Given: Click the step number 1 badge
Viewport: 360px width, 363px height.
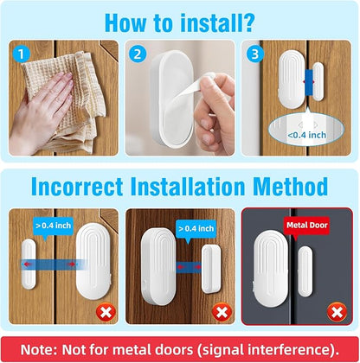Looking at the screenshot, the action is click(21, 54).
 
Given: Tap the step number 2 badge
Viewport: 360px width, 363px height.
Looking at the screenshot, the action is click(138, 54).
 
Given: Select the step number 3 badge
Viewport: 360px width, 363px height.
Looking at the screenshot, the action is click(255, 54).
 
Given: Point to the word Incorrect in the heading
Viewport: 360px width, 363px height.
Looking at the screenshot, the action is click(77, 187).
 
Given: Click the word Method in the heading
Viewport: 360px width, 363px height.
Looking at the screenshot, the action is click(290, 187).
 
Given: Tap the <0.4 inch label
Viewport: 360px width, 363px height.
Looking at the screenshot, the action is click(306, 135).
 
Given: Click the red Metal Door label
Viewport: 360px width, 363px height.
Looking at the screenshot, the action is click(307, 226).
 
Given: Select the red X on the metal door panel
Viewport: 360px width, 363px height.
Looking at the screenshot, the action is click(337, 312).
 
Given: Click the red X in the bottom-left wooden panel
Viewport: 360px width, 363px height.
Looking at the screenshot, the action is click(106, 312).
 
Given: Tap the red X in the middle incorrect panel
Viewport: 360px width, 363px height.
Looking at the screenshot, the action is click(222, 312).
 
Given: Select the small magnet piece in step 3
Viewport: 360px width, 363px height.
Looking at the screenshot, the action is click(318, 81).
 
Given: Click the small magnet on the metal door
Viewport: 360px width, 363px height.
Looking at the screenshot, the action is click(305, 271).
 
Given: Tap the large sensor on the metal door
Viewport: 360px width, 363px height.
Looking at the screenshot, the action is click(271, 269).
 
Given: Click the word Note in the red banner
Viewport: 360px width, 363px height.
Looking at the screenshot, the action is click(36, 350).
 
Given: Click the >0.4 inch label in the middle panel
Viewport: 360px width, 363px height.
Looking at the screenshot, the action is click(196, 229).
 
